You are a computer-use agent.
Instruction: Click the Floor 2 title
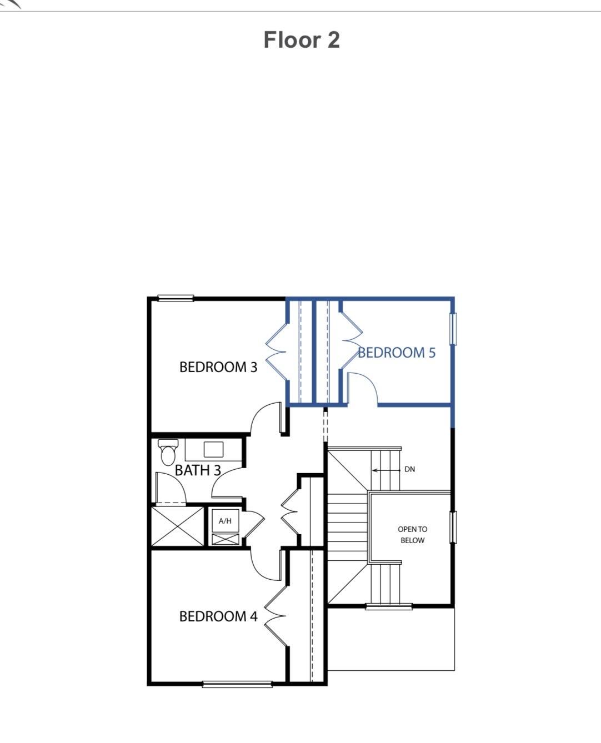pos(301,40)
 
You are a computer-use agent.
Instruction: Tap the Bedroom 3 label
pos(218,367)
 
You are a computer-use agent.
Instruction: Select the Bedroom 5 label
pos(397,353)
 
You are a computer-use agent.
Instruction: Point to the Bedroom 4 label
pos(218,616)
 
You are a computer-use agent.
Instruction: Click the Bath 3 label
pos(198,470)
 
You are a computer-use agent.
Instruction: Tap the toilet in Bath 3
pos(168,453)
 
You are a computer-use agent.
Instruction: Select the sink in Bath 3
pos(213,449)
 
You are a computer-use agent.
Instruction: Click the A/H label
pos(225,521)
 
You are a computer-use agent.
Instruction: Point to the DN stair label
pos(409,469)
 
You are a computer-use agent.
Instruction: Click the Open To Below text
pos(412,535)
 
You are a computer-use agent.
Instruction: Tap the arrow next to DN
pos(386,470)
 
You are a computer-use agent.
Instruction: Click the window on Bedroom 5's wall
pos(453,329)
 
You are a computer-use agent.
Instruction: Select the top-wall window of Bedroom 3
pos(176,299)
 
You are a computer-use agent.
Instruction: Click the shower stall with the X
pos(178,526)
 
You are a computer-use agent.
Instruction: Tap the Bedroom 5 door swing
pos(362,388)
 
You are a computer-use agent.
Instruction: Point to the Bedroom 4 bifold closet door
pos(276,616)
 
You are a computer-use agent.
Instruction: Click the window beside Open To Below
pos(453,526)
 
